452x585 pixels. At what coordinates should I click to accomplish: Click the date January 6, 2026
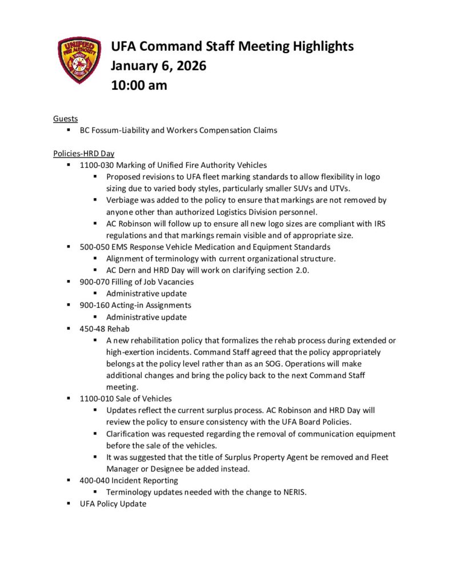[158, 66]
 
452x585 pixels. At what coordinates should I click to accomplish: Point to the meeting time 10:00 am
[139, 85]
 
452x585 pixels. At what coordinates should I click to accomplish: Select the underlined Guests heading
[66, 119]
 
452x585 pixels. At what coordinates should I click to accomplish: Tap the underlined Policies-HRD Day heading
[83, 154]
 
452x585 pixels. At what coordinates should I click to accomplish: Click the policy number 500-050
[93, 247]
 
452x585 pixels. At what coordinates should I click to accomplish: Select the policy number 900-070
[93, 282]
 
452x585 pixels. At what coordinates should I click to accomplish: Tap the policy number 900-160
[93, 305]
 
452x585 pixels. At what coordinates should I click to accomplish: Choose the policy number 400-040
[93, 480]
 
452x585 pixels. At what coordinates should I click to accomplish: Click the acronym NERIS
[291, 492]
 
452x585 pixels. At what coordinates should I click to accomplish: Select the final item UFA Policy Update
[113, 503]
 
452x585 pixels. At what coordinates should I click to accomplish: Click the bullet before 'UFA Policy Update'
[68, 503]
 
